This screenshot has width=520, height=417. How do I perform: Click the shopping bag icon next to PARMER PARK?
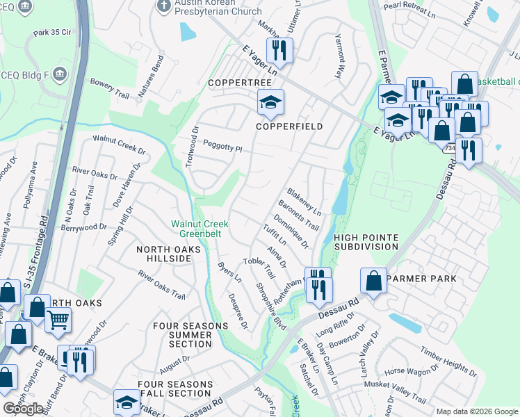coord(373,281)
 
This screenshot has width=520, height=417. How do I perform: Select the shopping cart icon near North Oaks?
coord(58,320)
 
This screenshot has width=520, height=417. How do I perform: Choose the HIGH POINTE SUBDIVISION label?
coord(366,242)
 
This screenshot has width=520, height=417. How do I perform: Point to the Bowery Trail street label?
coord(110,88)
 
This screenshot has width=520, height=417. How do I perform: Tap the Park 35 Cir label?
coord(52,33)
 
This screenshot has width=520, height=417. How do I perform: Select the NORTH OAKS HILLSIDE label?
coord(163,254)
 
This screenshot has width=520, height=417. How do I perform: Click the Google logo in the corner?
coord(23,409)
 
